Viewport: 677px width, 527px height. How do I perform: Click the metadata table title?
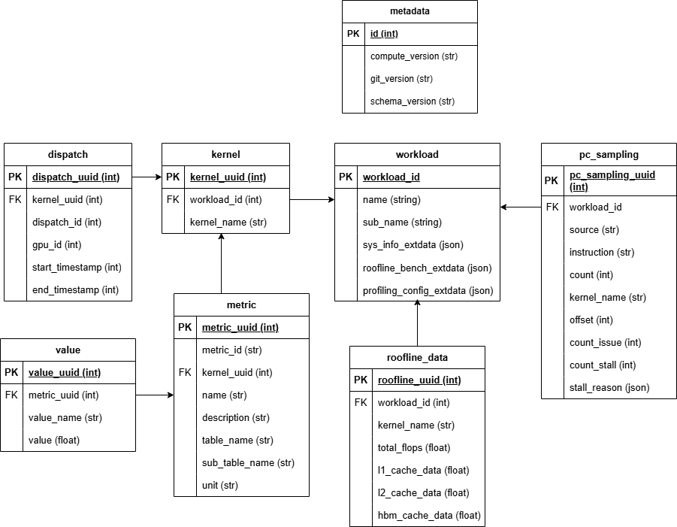pyautogui.click(x=410, y=11)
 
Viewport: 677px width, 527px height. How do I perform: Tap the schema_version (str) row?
pyautogui.click(x=413, y=101)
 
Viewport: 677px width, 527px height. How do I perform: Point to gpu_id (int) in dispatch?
pyautogui.click(x=56, y=244)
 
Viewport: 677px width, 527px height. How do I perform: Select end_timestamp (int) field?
pyautogui.click(x=76, y=289)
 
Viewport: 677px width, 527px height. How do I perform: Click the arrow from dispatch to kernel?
pyautogui.click(x=147, y=177)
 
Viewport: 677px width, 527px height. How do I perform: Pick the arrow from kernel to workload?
pyautogui.click(x=312, y=200)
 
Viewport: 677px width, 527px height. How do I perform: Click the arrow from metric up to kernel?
pyautogui.click(x=221, y=263)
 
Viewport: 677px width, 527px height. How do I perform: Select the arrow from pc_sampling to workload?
pyautogui.click(x=521, y=207)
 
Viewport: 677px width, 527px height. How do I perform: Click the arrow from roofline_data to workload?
pyautogui.click(x=417, y=323)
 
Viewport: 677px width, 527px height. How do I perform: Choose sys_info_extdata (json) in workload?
pyautogui.click(x=413, y=244)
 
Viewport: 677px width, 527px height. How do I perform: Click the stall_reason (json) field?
pyautogui.click(x=609, y=387)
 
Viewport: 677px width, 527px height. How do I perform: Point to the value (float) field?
pyautogui.click(x=53, y=440)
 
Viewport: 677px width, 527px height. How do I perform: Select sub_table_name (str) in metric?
pyautogui.click(x=248, y=462)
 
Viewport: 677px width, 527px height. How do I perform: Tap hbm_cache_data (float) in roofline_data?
pyautogui.click(x=428, y=515)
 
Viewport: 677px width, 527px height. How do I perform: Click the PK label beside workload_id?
pyautogui.click(x=346, y=177)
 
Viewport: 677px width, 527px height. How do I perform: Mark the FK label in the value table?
pyautogui.click(x=11, y=395)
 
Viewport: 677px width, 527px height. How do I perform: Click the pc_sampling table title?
pyautogui.click(x=609, y=154)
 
